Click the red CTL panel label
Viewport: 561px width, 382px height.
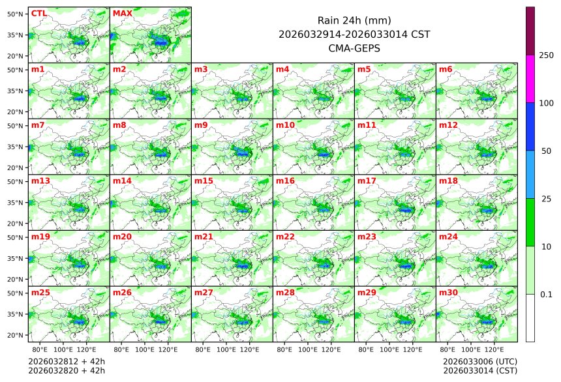click(x=39, y=13)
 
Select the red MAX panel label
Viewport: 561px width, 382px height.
click(x=121, y=13)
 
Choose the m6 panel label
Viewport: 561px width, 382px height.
click(x=446, y=69)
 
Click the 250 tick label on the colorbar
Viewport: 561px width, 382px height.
click(x=547, y=55)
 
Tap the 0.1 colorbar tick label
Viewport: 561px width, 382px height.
click(x=547, y=294)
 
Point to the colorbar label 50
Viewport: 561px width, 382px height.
click(x=547, y=151)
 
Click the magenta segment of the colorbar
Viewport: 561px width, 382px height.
click(x=530, y=79)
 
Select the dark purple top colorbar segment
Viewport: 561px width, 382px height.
click(x=530, y=31)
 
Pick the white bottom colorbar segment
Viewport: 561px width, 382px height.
click(x=530, y=317)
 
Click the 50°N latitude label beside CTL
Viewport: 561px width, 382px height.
click(x=16, y=14)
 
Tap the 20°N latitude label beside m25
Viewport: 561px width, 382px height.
click(x=16, y=335)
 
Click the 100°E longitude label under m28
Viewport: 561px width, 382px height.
click(x=308, y=350)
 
